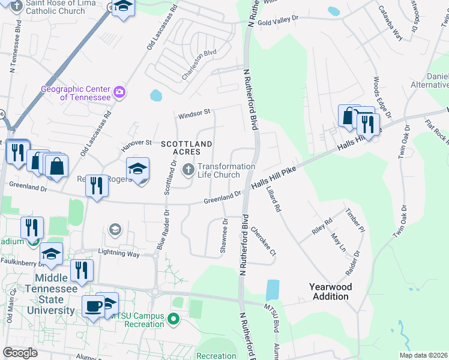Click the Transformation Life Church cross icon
(188, 170)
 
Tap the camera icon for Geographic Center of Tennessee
(120, 92)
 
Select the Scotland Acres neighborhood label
(186, 148)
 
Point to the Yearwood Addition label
(330, 292)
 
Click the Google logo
(20, 352)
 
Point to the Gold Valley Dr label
(278, 19)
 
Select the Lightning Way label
(119, 254)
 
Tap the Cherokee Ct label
(263, 241)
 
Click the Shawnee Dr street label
(224, 236)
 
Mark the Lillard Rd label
(273, 199)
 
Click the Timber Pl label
(355, 220)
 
